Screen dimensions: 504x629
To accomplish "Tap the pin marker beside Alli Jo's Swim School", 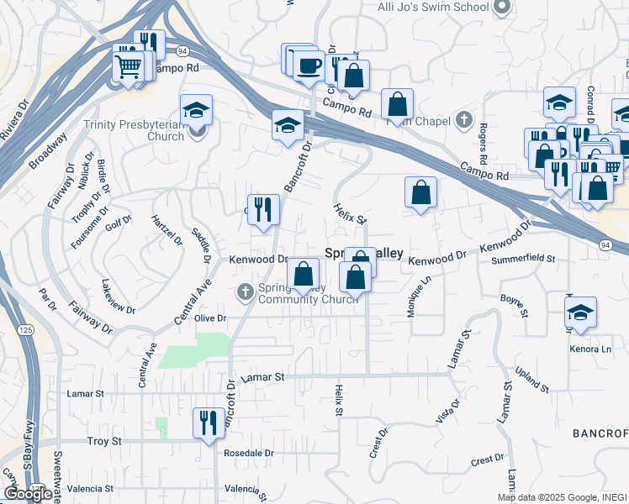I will (x=503, y=8).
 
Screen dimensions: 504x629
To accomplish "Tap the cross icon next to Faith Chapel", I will (x=463, y=120).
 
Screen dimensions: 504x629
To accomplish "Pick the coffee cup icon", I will (x=309, y=65).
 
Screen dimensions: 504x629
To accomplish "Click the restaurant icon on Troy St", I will (x=208, y=423).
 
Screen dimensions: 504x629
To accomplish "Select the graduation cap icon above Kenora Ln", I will (x=580, y=312).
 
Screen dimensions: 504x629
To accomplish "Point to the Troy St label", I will (x=105, y=441).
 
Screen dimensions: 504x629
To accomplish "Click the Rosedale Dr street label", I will (x=249, y=453).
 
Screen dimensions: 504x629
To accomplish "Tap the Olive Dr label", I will (x=211, y=318).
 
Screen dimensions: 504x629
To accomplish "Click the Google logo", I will (x=28, y=494).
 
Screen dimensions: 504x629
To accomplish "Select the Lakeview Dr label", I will (x=118, y=297).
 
